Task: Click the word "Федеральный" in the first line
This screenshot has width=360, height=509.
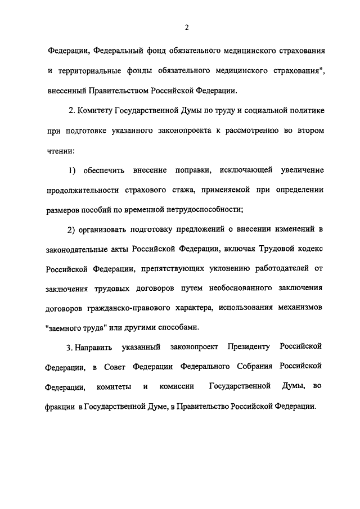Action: [x=116, y=51]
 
